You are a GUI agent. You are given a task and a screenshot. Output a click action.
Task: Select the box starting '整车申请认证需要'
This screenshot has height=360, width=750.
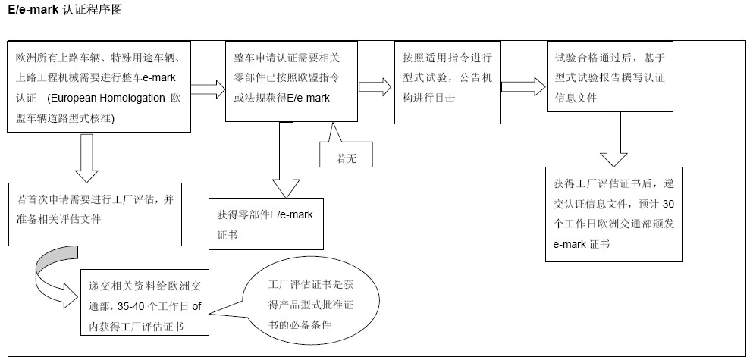[291, 81]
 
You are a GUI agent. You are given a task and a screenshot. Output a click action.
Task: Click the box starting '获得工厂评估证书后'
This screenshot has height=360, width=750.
[613, 214]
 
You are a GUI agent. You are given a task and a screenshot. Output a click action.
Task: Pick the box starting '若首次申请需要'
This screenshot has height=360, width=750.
[95, 214]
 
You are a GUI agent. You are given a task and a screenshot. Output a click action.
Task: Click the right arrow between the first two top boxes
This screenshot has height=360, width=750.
[214, 89]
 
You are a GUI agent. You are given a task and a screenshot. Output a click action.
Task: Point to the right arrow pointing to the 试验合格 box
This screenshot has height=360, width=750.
[522, 85]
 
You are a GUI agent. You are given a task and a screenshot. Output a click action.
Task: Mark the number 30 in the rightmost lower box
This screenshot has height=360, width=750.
[667, 205]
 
